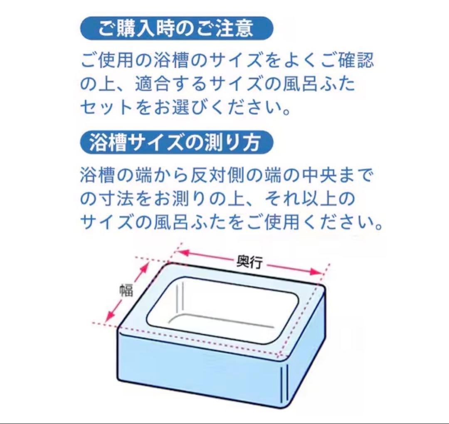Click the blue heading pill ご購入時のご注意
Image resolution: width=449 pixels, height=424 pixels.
(x=176, y=28)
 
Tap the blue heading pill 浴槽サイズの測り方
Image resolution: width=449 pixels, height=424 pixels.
(x=176, y=143)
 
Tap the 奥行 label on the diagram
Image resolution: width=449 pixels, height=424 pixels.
(x=249, y=261)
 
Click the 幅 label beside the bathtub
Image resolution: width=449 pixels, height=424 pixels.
(x=126, y=290)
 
